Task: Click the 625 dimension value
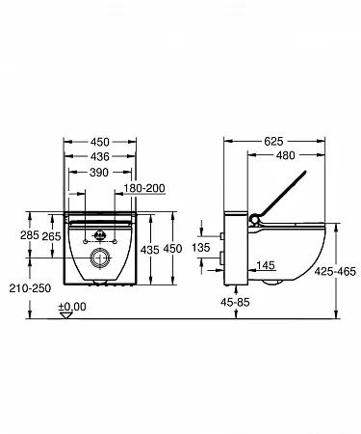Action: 273,141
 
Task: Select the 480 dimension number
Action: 285,155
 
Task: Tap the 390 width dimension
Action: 99,173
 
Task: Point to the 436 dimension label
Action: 99,156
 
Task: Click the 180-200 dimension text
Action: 144,188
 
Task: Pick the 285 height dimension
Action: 30,235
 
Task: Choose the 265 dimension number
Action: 51,236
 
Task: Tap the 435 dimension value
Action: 150,250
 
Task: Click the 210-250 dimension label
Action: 30,288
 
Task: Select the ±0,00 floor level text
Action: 72,307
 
